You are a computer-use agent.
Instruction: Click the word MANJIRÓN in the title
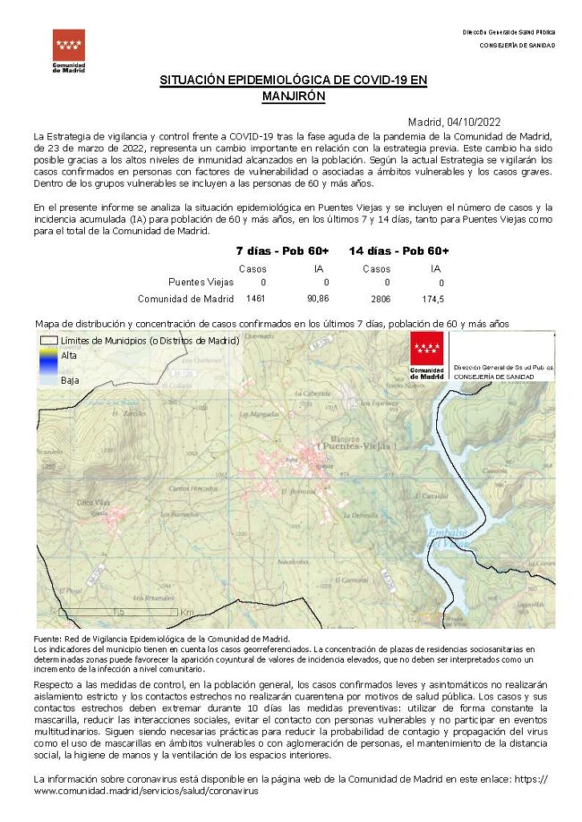(x=294, y=96)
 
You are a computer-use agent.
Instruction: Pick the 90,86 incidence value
(x=318, y=299)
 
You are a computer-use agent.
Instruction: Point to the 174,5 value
(x=434, y=299)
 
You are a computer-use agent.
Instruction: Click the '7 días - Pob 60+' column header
(x=282, y=250)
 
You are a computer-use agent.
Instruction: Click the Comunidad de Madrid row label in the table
(x=185, y=299)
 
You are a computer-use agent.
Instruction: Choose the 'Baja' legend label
(x=69, y=380)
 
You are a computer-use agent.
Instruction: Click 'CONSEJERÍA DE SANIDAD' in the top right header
(x=517, y=45)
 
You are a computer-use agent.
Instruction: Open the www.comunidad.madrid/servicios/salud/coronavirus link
(x=147, y=792)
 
